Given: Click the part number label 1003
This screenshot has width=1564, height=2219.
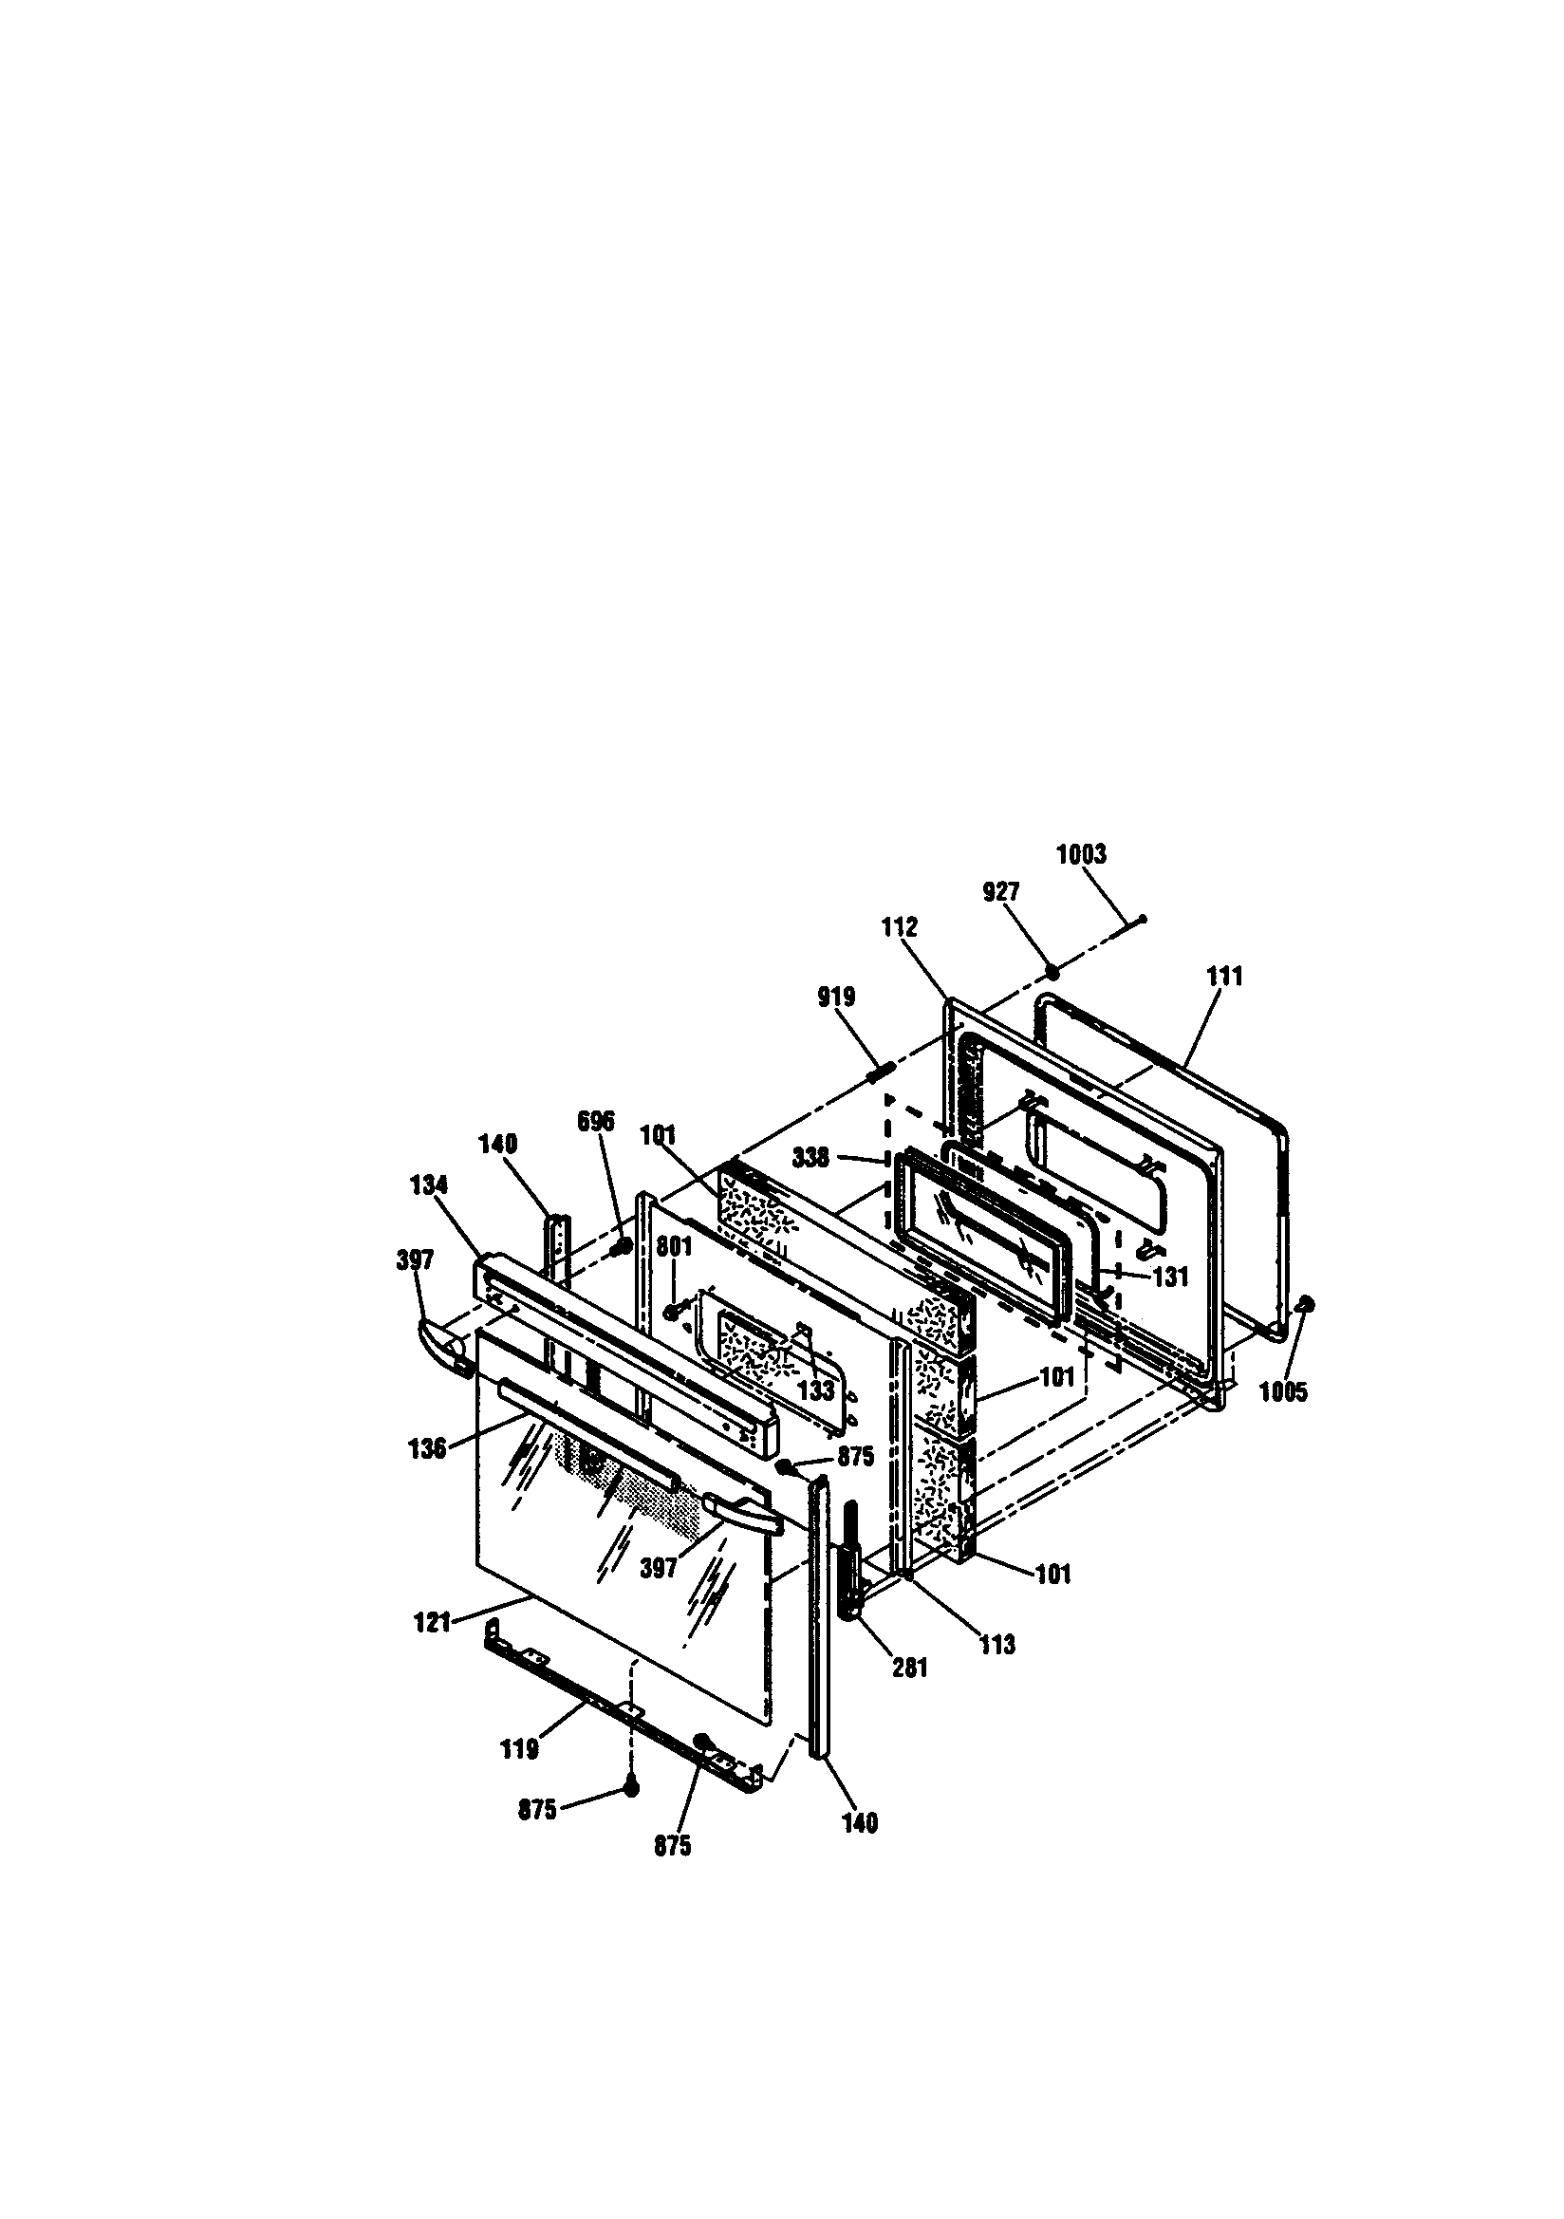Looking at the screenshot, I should click(1081, 854).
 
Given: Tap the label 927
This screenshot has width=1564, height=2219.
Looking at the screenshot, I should click(1000, 892).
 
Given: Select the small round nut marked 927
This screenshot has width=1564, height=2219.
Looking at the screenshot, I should click(1052, 970).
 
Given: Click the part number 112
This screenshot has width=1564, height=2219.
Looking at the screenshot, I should click(899, 927).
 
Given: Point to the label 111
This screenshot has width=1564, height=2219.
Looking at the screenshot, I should click(1223, 976).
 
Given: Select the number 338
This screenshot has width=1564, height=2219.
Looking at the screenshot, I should click(810, 1157).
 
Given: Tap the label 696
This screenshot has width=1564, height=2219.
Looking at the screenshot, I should click(595, 1121).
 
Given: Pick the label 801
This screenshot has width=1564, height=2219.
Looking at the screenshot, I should click(674, 1247).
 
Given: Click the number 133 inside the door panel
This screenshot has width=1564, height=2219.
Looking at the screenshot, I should click(817, 1390).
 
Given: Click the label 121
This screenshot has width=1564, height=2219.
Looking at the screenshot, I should click(432, 1622).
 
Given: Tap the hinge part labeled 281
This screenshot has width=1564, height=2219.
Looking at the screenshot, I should click(852, 1566).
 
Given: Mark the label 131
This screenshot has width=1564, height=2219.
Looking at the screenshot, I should click(1169, 1277).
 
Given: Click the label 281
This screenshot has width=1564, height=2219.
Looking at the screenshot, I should click(909, 1668).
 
